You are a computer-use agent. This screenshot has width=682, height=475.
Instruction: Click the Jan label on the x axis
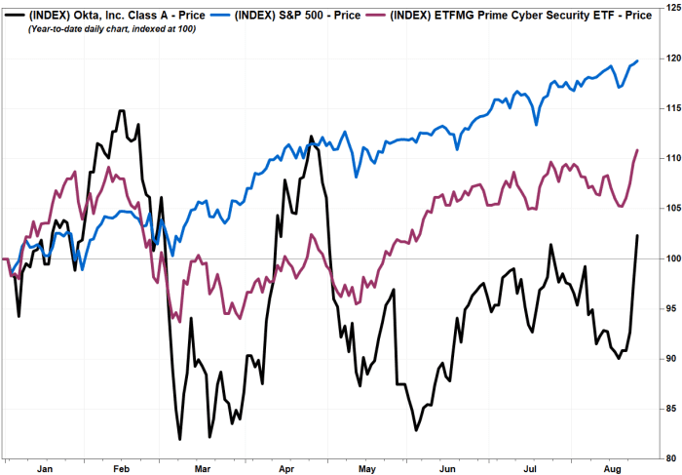pos(43,468)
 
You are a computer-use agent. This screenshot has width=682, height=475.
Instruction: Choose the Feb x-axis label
pos(121,468)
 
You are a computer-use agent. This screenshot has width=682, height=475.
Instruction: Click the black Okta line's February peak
pos(121,110)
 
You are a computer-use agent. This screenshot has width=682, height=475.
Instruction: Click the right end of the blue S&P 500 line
pos(637,61)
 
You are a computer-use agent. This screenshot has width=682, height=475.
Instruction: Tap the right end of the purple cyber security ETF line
pos(637,150)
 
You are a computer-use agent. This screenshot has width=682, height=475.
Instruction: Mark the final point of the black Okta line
pos(637,235)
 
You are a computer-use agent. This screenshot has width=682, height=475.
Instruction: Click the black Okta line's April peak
pos(310,137)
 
